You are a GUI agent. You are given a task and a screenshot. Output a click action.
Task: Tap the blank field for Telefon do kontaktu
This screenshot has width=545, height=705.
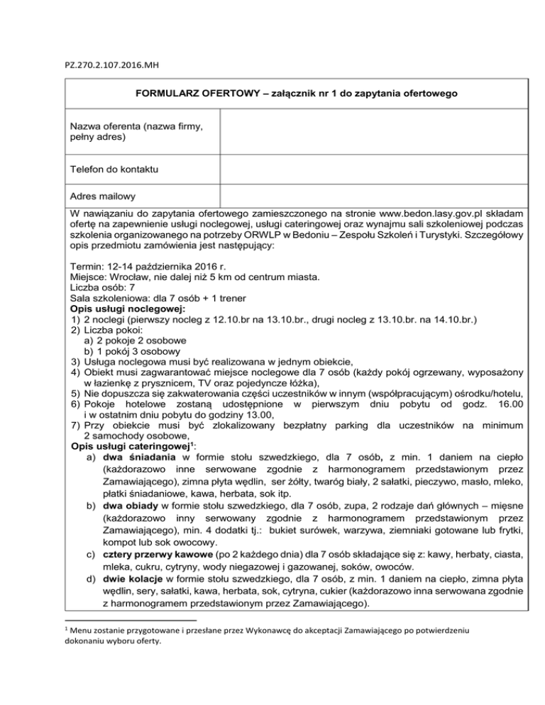373,169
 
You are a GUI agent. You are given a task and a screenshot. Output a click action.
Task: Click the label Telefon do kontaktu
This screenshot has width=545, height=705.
114,169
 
